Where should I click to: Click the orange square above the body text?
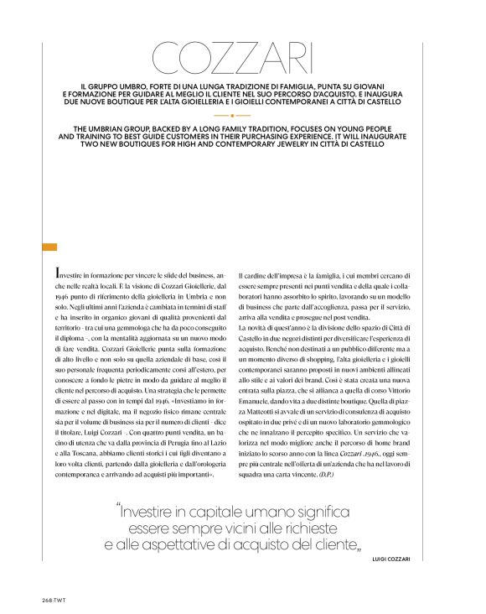49,247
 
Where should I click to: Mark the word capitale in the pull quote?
215,511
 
